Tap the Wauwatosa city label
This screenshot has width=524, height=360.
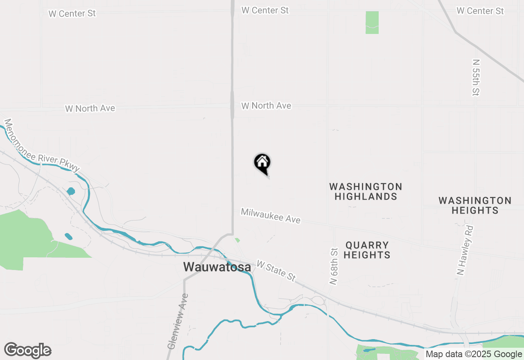point(217,267)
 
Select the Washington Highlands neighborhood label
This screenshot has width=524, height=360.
point(366,191)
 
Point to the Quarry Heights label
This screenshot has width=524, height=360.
point(367,250)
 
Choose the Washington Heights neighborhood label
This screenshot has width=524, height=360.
point(475,205)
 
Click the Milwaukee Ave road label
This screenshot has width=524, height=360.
point(271,216)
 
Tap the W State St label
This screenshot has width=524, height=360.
point(276,270)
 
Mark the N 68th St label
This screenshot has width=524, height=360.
point(334,266)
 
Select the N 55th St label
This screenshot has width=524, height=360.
point(475,77)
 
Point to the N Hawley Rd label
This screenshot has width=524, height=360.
point(465,250)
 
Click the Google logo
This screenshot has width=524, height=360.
point(27,351)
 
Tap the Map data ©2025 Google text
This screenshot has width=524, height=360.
point(474,354)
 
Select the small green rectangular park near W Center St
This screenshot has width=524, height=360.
point(372,22)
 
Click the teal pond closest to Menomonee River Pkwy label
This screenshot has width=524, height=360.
point(71,191)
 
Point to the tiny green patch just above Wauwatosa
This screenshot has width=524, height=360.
point(237,240)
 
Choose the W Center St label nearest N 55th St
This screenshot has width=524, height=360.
point(480,11)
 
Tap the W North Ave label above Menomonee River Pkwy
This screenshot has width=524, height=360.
point(90,108)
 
